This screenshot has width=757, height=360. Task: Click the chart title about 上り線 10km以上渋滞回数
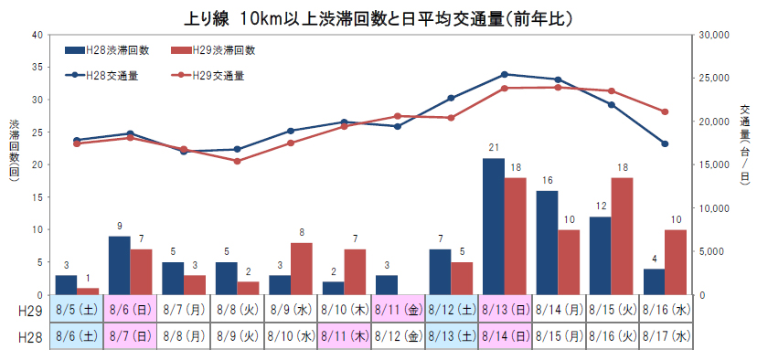click(378, 16)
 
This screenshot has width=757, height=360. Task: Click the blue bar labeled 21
click(494, 227)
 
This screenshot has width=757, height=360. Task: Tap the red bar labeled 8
click(302, 269)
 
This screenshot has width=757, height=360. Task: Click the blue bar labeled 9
click(119, 265)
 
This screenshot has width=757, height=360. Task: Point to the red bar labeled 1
click(88, 291)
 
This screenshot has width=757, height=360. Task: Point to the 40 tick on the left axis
click(37, 35)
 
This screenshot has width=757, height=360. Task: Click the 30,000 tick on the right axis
click(710, 35)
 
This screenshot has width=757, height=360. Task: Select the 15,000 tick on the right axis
click(710, 164)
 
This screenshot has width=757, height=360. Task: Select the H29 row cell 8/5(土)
click(77, 309)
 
